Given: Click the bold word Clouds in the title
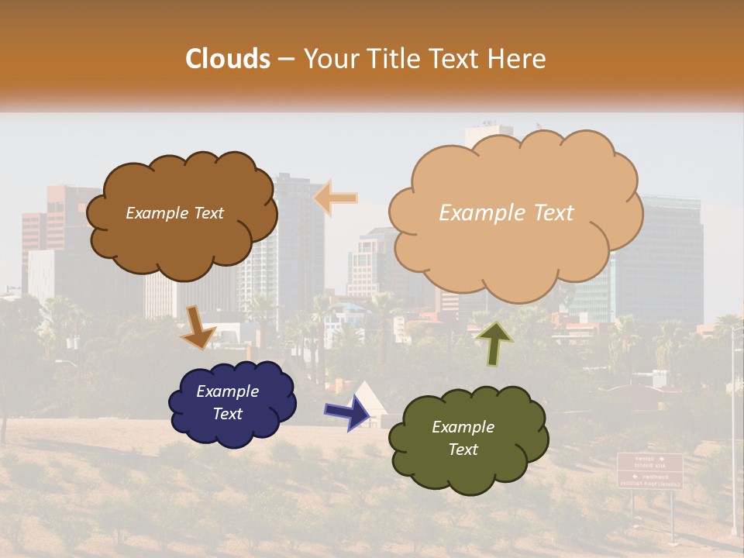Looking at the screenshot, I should click(228, 59).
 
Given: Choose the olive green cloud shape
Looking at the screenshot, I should click(468, 439).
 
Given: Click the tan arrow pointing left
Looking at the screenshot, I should click(336, 198).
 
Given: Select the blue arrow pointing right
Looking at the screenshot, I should click(348, 412).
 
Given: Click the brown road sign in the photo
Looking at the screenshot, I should click(649, 470).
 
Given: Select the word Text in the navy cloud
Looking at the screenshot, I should click(228, 414).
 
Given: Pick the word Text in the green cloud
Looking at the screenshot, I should click(463, 449).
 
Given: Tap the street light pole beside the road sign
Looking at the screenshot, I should click(733, 434).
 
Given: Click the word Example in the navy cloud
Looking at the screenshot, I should click(227, 391).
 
